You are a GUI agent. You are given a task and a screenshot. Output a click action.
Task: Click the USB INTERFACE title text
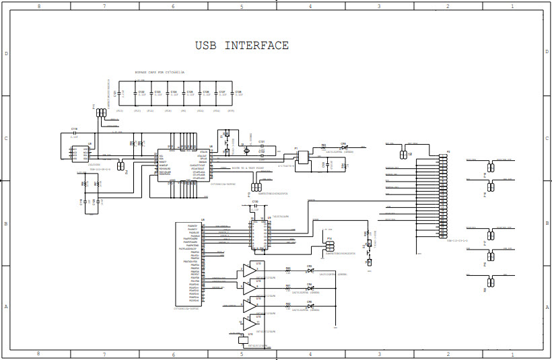(242, 46)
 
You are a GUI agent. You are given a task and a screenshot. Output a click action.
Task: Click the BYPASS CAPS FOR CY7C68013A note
(160, 71)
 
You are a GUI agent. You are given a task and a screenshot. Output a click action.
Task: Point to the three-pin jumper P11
(101, 112)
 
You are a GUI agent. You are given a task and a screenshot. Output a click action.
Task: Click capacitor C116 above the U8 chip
(75, 132)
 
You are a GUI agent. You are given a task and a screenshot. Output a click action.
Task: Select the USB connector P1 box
(304, 156)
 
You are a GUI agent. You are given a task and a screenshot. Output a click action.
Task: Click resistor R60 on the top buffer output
(288, 270)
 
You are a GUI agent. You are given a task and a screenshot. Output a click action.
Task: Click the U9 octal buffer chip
(258, 233)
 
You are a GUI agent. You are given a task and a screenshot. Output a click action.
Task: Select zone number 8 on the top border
(38, 6)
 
